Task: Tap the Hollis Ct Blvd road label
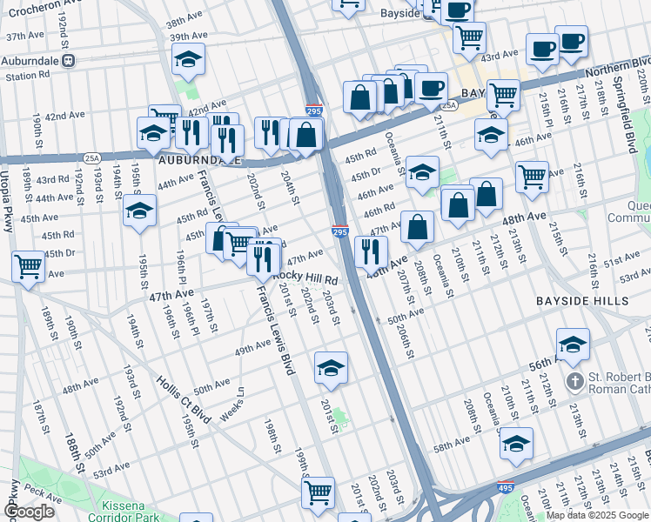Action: click(x=184, y=398)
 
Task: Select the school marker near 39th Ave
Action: click(x=188, y=58)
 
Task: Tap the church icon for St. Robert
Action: click(x=574, y=381)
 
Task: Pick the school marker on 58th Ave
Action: click(x=516, y=442)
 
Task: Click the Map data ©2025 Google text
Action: click(x=597, y=515)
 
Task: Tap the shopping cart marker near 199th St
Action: click(x=318, y=492)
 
